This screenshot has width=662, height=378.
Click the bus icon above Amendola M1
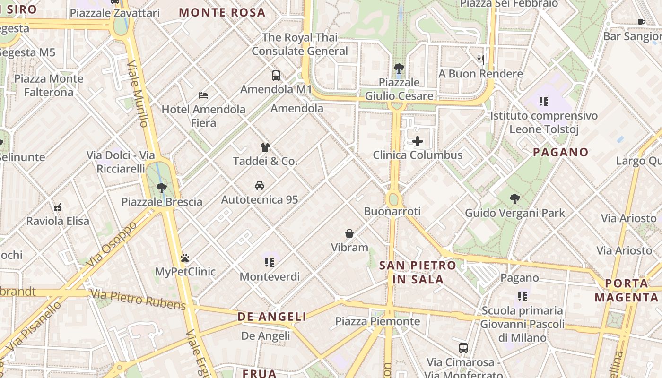[276, 75]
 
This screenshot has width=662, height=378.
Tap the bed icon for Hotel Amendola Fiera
[203, 95]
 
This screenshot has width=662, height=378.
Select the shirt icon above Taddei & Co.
[265, 147]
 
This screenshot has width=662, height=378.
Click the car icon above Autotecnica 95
[259, 185]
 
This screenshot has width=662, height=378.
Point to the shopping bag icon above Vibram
[349, 233]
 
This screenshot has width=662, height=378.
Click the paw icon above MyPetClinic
[185, 258]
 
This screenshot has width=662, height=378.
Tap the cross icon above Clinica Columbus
[418, 141]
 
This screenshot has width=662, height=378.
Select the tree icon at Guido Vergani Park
[515, 199]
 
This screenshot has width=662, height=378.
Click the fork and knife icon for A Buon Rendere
[481, 60]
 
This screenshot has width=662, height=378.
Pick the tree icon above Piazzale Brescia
[162, 188]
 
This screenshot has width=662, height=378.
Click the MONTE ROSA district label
[222, 12]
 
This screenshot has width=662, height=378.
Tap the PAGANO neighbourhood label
[560, 152]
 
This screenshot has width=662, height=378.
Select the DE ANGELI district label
[272, 317]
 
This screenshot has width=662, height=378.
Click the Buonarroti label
[392, 211]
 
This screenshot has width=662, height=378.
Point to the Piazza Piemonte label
[377, 321]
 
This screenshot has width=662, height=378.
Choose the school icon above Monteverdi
[270, 262]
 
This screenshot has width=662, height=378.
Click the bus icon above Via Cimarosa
[463, 348]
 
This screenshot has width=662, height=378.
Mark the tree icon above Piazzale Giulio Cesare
[399, 68]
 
